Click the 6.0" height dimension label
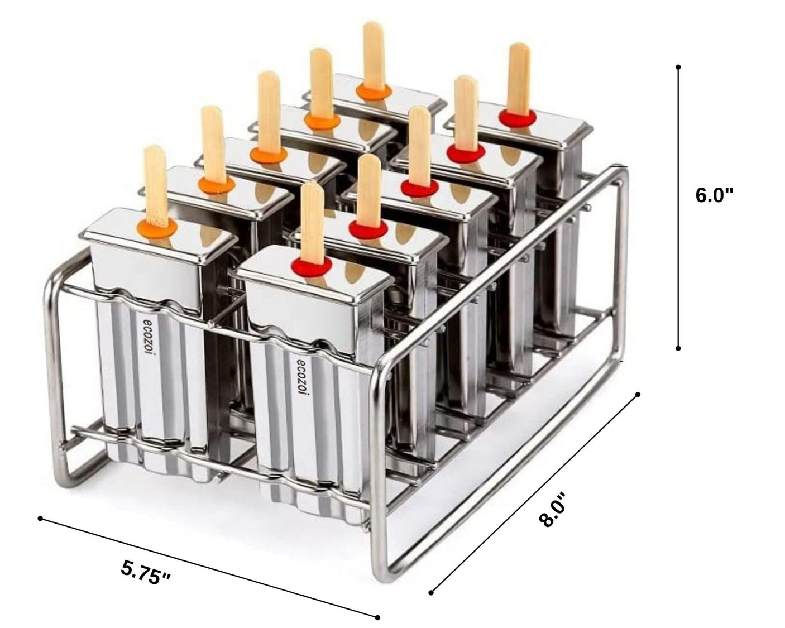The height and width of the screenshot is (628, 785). (x=714, y=195)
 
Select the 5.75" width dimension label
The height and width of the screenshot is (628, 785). (x=146, y=573)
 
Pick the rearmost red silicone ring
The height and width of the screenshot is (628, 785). (x=518, y=117)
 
